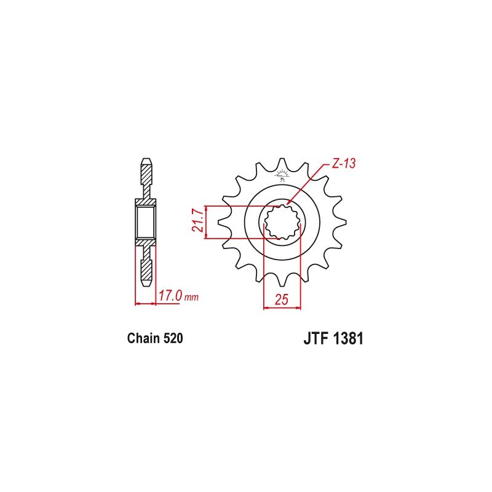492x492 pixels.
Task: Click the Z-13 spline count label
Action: tap(344, 164)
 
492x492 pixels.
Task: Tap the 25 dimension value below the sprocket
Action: tap(282, 300)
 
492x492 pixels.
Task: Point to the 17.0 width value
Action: tap(170, 296)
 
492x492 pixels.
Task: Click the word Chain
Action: tap(143, 338)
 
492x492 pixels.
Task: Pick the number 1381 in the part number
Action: tap(346, 339)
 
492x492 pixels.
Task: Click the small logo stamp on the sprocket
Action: tap(282, 177)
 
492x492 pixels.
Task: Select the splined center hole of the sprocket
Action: tap(282, 222)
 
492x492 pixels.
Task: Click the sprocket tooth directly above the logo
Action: tap(282, 164)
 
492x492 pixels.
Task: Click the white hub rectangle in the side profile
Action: tap(146, 223)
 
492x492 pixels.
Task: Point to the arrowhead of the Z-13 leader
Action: tap(287, 204)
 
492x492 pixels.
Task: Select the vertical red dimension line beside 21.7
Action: tap(206, 223)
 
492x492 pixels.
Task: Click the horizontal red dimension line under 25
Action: tap(282, 307)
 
